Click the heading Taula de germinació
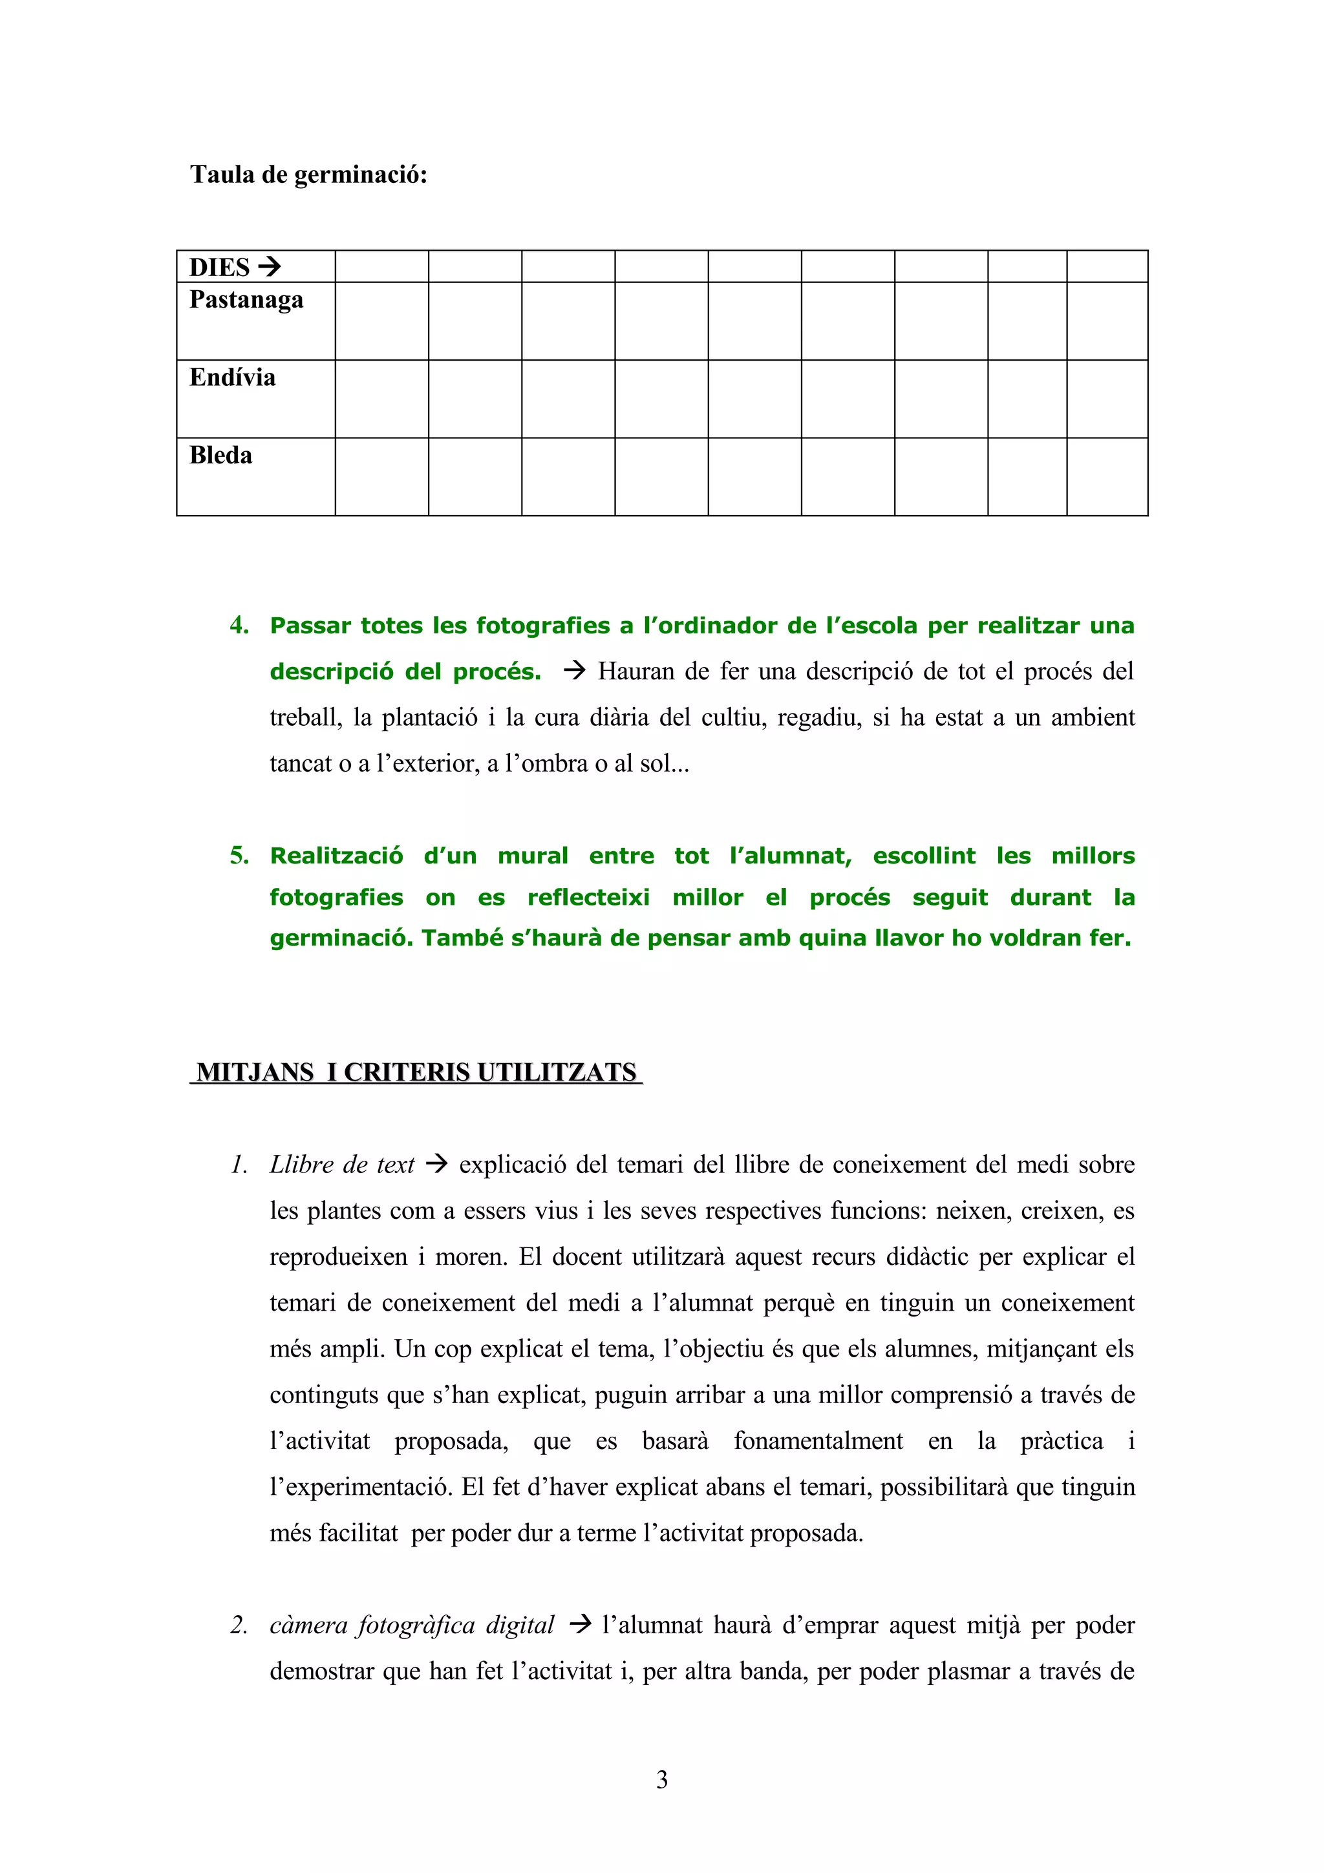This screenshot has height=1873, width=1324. click(308, 175)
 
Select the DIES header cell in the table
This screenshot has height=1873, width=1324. click(255, 267)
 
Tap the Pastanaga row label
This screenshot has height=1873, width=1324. click(246, 300)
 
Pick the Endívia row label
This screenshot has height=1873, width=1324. click(233, 377)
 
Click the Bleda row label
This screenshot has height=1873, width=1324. click(220, 455)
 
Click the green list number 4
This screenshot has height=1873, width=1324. click(239, 626)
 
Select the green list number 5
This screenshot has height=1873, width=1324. click(239, 856)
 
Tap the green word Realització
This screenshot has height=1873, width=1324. click(336, 856)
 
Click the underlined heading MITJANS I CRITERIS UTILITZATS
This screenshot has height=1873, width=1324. click(416, 1072)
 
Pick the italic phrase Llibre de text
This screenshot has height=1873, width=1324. click(342, 1165)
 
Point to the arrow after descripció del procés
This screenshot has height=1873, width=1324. click(575, 671)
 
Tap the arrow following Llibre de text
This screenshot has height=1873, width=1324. click(437, 1164)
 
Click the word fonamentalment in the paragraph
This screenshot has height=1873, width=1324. click(818, 1441)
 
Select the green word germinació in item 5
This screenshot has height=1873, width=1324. click(341, 938)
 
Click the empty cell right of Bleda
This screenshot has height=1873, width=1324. click(382, 476)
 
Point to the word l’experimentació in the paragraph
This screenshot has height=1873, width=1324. click(361, 1487)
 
